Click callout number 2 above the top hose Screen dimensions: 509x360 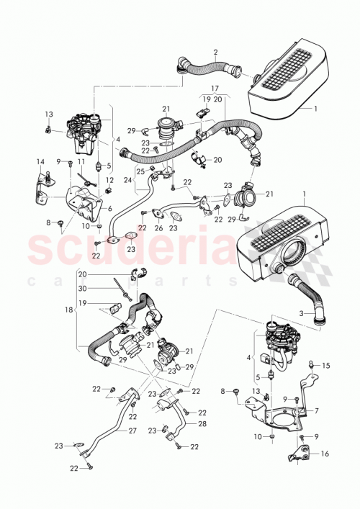tap(215, 52)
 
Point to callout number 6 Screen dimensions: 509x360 tap(110, 209)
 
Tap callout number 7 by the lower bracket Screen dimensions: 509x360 tap(315, 411)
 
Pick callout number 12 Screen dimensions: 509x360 tap(109, 180)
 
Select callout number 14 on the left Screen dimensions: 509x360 tap(40, 161)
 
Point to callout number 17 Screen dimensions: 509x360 tap(214, 90)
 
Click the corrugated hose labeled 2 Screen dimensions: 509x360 tap(209, 70)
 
